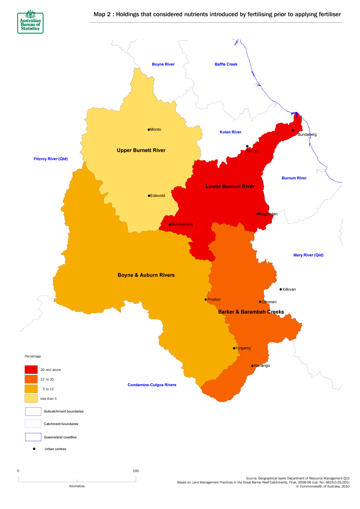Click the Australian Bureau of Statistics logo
coord(30,22)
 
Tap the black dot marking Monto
coord(149,129)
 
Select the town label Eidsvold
coord(158,196)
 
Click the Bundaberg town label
coord(307,134)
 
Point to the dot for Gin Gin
coord(247,146)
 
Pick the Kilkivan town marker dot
coord(281,289)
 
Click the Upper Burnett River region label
coord(141,150)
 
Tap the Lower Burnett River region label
coord(230,186)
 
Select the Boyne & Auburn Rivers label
coord(146,275)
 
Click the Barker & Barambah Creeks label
coord(251,311)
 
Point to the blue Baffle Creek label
coord(226,64)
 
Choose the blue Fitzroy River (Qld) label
coord(50,159)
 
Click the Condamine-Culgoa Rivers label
coord(152,385)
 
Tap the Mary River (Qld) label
coord(308,255)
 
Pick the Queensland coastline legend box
coord(33,437)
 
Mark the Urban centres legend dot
coord(34,449)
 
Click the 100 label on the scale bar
coord(135,471)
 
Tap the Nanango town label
coord(262,366)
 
